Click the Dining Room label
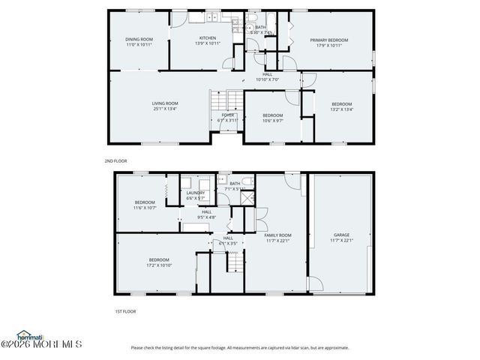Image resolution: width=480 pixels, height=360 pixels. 139,39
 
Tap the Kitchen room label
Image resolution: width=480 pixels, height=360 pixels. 207,38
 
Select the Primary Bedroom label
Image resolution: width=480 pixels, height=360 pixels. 329,40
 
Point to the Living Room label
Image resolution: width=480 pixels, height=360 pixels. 165,103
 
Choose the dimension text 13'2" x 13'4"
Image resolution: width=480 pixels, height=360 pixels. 341,109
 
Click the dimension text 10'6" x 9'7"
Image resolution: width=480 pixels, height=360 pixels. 272,120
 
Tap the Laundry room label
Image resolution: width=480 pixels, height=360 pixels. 196,193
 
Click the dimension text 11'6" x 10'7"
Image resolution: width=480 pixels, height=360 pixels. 145,208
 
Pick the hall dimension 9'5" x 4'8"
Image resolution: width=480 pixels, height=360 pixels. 206,217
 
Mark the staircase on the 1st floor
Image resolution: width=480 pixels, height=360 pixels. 235,262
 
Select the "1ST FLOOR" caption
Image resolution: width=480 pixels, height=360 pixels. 124,310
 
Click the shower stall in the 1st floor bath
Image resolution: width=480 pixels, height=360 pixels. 248,197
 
